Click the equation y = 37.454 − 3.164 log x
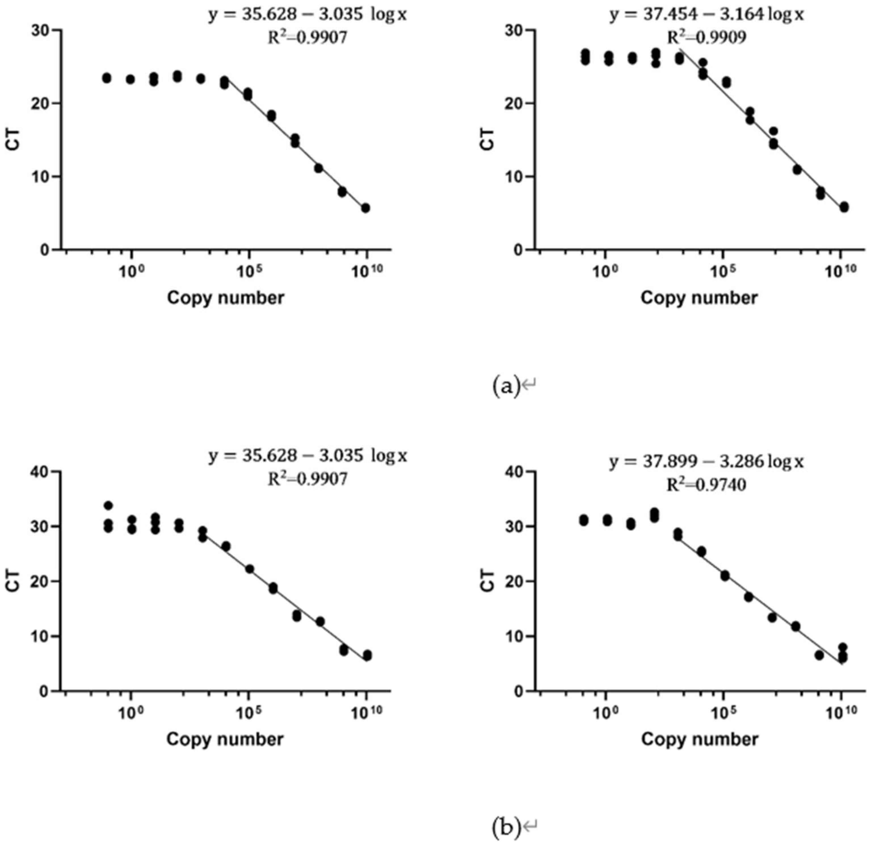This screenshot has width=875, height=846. pyautogui.click(x=706, y=15)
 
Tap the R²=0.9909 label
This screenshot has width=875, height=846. pyautogui.click(x=706, y=38)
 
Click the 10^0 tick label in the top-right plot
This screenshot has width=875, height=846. pyautogui.click(x=607, y=272)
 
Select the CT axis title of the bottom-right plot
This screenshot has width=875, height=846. pyautogui.click(x=489, y=580)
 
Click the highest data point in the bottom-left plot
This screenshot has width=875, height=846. pyautogui.click(x=108, y=505)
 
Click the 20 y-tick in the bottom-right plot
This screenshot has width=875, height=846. pyautogui.click(x=517, y=581)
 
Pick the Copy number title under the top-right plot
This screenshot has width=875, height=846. pyautogui.click(x=699, y=298)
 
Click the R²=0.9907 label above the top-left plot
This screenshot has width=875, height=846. pyautogui.click(x=307, y=38)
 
